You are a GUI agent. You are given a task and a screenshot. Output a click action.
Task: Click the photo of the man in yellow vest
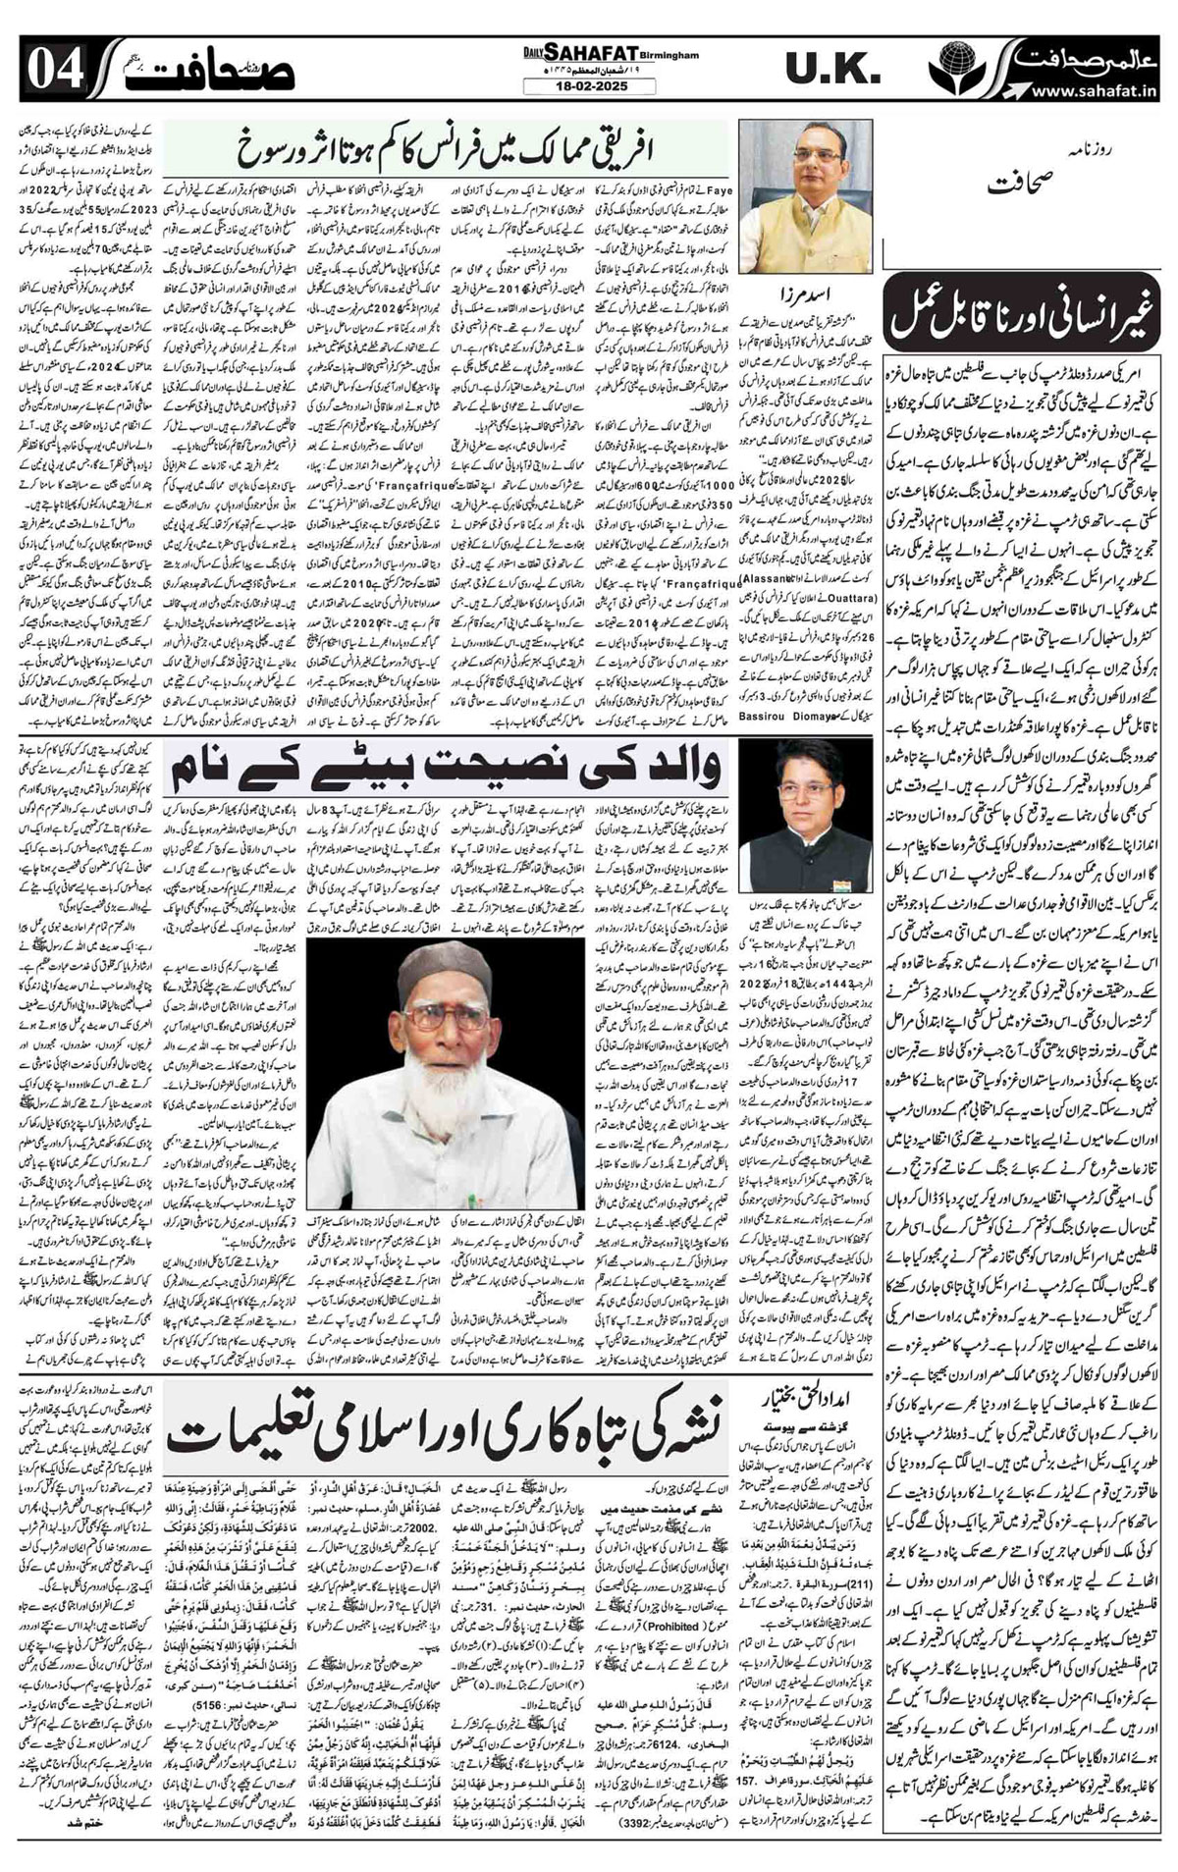click(x=804, y=196)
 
